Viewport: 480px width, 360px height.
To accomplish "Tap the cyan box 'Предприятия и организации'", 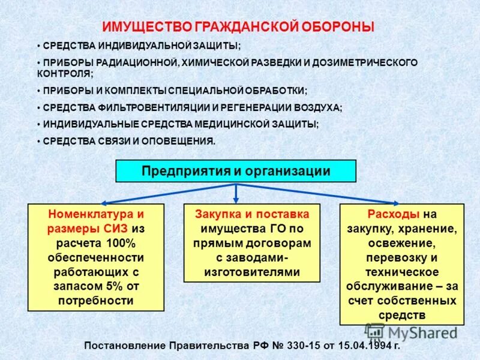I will (x=236, y=171).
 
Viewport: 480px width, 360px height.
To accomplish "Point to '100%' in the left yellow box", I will (x=121, y=243).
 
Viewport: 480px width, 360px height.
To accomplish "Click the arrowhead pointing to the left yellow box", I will (x=101, y=202).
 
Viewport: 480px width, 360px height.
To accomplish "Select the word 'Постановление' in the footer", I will (x=121, y=346).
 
